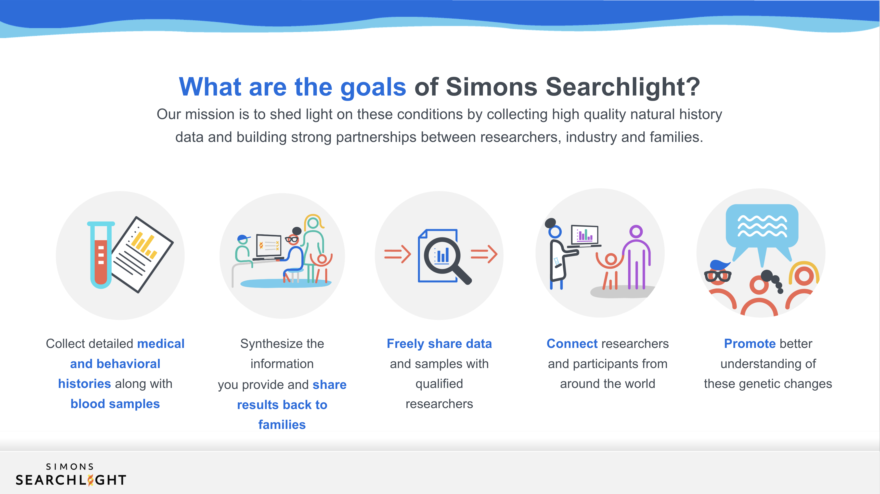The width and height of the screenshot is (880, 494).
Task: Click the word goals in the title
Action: pyautogui.click(x=373, y=87)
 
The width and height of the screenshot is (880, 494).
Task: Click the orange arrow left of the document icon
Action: pyautogui.click(x=397, y=254)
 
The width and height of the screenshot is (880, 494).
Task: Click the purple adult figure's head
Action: pyautogui.click(x=636, y=232)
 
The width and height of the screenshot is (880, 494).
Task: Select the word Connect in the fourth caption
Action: pyautogui.click(x=572, y=343)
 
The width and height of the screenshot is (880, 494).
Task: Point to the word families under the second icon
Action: pyautogui.click(x=282, y=425)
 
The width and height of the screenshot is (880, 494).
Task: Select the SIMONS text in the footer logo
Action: pyautogui.click(x=70, y=467)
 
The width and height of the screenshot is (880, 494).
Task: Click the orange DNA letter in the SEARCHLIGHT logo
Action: pyautogui.click(x=91, y=480)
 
